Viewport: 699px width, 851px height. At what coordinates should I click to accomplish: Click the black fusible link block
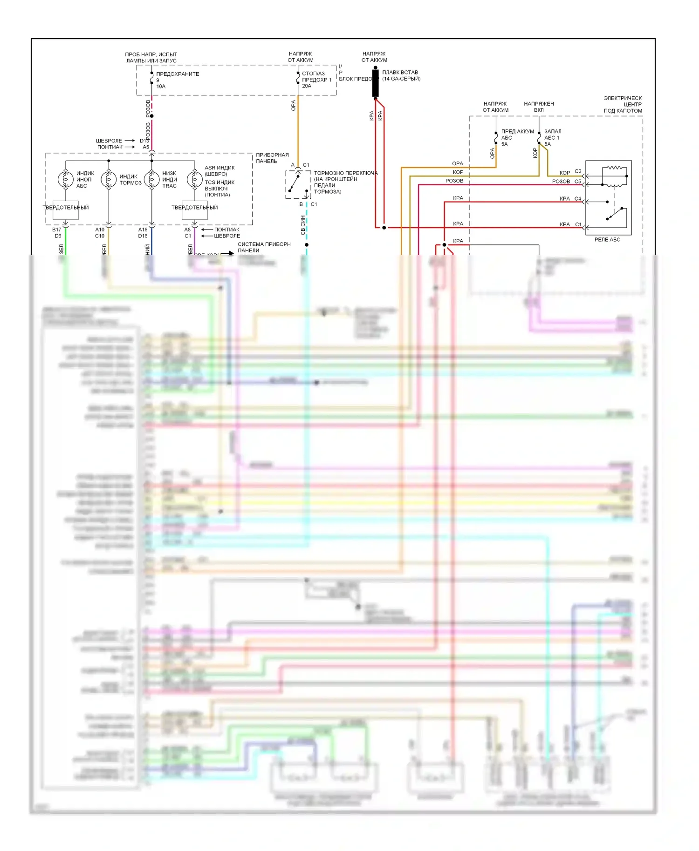coord(375,83)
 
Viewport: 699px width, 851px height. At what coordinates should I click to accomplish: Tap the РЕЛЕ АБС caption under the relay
coord(607,239)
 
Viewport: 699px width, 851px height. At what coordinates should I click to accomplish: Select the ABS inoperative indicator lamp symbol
coord(66,179)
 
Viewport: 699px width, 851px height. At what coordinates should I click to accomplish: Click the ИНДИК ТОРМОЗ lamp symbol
coord(109,179)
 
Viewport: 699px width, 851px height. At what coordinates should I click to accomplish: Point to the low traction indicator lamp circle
coord(151,179)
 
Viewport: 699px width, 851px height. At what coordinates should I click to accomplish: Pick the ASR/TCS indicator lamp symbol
coord(194,179)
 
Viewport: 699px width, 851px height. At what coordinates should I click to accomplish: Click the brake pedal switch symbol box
coord(298,184)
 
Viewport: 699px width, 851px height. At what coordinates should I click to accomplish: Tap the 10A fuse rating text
coord(161,87)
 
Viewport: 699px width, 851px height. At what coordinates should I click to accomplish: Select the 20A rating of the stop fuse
coord(307,86)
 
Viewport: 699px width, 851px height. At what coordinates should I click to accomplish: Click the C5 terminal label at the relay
coord(578,181)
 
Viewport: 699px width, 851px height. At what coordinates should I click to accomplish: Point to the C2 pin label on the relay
coord(578,171)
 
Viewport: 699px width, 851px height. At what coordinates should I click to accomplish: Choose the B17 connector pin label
coord(57,230)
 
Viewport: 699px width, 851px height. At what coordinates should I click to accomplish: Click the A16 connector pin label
coord(143,230)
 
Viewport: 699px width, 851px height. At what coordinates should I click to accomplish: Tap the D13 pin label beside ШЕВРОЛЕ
coord(144,141)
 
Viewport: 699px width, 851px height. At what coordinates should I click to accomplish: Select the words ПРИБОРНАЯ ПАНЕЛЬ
coord(272,158)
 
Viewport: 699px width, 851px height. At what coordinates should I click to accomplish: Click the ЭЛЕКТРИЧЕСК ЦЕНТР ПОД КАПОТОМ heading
coord(623,104)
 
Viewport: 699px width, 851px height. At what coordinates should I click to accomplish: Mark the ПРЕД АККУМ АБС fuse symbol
coord(496,138)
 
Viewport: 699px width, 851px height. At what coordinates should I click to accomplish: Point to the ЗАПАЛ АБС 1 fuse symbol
coord(539,138)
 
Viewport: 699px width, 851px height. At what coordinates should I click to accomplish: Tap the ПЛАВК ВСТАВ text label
coord(400,73)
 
